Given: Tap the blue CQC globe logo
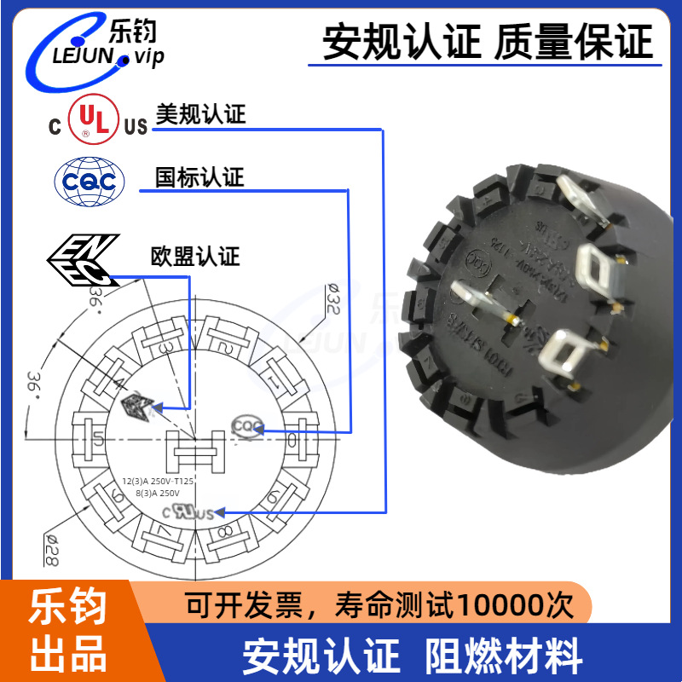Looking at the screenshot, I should [x=90, y=181].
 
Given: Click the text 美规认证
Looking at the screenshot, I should [x=200, y=115].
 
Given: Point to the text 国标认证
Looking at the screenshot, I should [x=199, y=177].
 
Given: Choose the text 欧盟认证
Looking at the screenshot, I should [x=195, y=256].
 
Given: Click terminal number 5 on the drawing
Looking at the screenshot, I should [x=99, y=440].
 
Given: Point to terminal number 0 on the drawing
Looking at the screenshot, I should [x=292, y=440].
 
